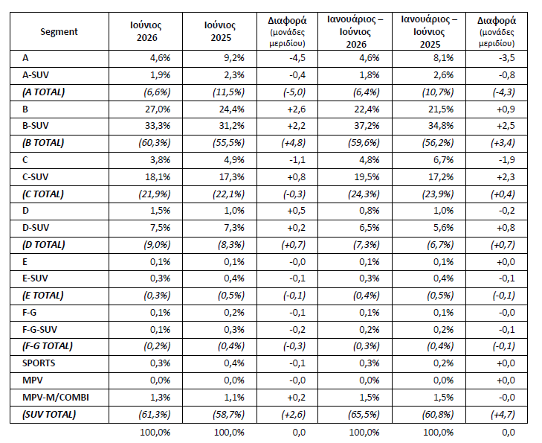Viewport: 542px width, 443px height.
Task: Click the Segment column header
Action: pos(59,31)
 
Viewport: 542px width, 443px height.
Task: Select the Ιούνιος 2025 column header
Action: pos(220,31)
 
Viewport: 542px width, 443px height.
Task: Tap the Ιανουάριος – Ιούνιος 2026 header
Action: pos(355,31)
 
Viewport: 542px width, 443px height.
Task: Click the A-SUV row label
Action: pos(36,75)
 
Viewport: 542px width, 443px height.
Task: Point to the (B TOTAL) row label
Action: pos(43,143)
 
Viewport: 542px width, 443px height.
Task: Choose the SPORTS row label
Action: pos(39,363)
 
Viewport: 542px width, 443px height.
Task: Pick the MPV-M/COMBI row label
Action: pos(56,397)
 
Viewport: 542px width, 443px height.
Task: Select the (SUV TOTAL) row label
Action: pos(49,414)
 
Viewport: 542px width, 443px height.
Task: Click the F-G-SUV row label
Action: pos(39,329)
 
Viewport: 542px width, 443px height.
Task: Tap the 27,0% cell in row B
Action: pos(158,109)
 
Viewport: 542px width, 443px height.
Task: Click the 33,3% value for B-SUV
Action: pos(158,126)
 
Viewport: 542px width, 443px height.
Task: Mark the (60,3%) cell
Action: pos(155,143)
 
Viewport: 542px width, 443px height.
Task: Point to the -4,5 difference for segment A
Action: pos(297,58)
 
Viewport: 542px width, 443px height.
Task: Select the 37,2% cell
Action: pos(367,126)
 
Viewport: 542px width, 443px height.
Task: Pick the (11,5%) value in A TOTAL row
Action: pos(228,92)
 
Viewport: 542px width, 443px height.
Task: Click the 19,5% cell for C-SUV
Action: pos(367,177)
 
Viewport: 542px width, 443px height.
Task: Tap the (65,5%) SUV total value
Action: pos(364,414)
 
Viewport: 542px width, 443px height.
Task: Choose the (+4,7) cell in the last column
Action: pos(503,414)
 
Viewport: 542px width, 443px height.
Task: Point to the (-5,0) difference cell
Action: pos(294,92)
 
